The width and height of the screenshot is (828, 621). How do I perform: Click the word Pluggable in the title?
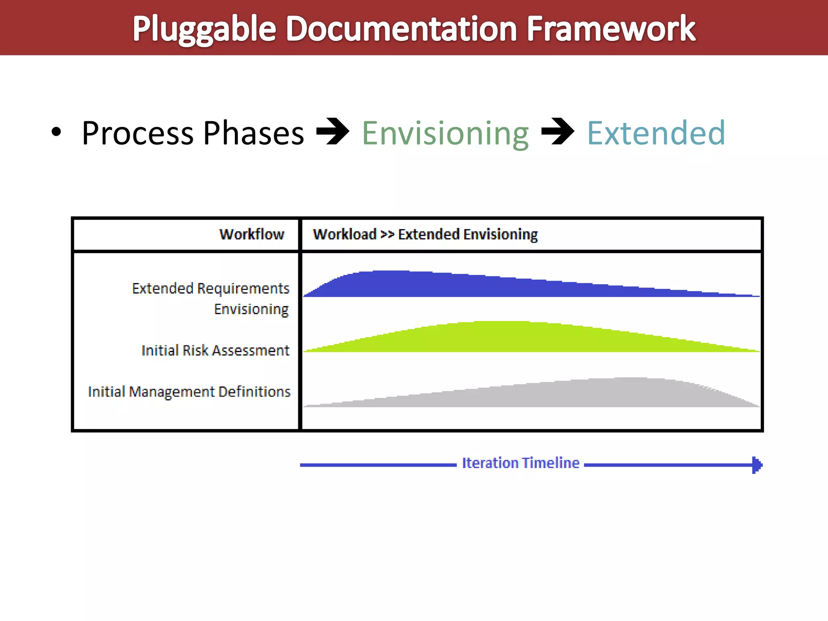click(x=204, y=29)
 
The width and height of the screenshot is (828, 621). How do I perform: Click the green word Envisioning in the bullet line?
click(x=445, y=133)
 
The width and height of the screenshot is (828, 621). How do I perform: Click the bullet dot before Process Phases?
click(x=57, y=132)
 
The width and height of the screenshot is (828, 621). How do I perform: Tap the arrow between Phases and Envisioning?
click(x=332, y=131)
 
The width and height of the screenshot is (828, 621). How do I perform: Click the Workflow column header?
click(x=251, y=234)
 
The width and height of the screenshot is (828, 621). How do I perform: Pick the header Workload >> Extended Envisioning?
click(x=425, y=234)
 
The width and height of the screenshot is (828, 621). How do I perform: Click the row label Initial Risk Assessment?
click(x=215, y=350)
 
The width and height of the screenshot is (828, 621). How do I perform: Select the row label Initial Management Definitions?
click(x=189, y=392)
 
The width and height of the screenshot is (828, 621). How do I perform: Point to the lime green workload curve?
click(x=505, y=338)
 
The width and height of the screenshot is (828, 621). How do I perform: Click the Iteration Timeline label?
click(x=520, y=463)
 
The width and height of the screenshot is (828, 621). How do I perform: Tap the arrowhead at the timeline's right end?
click(x=757, y=465)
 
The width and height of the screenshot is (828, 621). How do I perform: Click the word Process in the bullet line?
click(x=137, y=133)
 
